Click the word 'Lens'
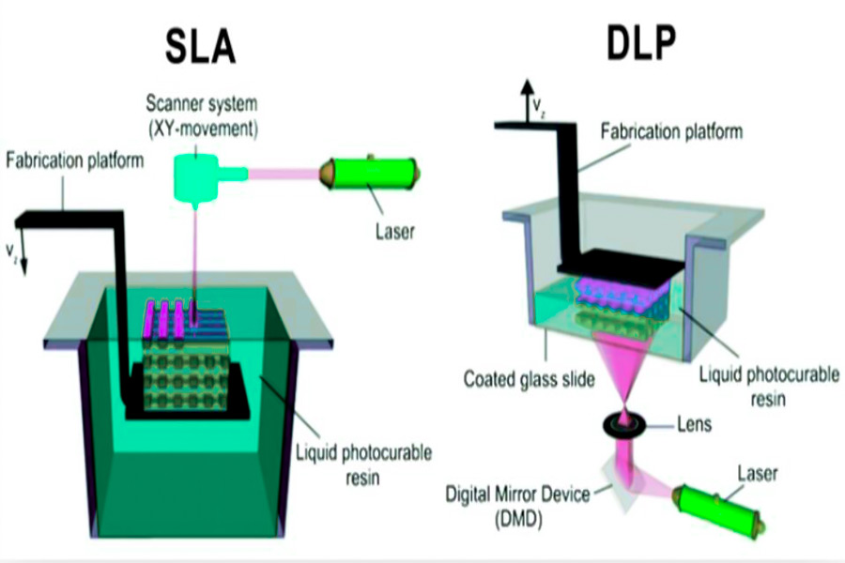693,425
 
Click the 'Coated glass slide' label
530,381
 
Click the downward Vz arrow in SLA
24,249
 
